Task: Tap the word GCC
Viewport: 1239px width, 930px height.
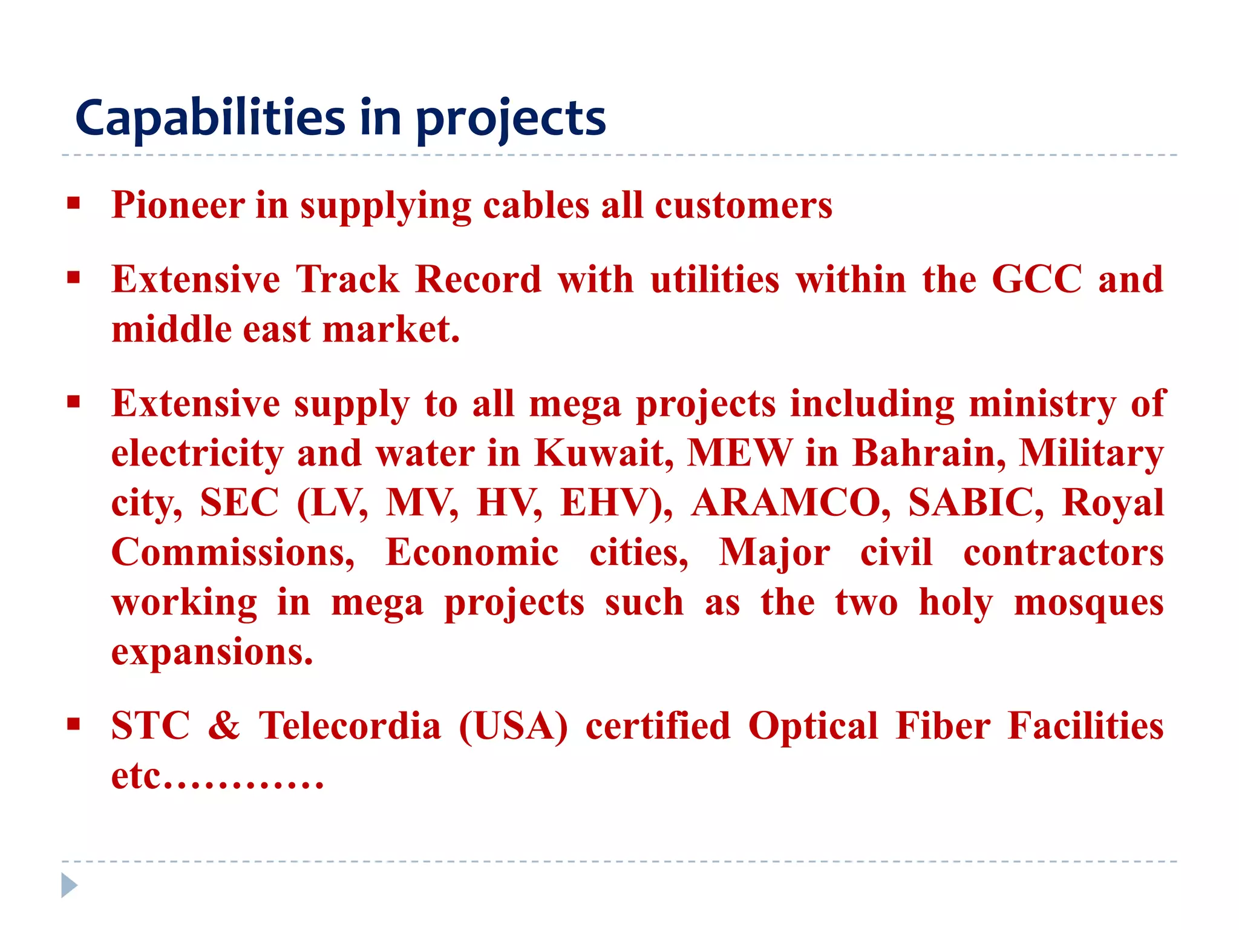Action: (1037, 280)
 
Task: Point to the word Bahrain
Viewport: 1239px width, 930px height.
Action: (929, 453)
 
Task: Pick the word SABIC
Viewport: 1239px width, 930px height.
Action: (976, 503)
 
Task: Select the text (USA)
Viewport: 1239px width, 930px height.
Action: (514, 725)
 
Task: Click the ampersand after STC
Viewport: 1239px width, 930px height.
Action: (224, 725)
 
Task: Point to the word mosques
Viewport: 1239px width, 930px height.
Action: (1088, 602)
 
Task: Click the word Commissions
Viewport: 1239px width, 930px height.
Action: (233, 552)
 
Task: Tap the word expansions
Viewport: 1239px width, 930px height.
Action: (212, 652)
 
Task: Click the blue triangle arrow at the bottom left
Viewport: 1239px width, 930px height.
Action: (69, 885)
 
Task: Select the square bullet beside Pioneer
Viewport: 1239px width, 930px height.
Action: (74, 203)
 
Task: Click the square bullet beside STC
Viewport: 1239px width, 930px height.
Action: (74, 724)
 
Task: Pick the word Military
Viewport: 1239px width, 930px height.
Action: (1091, 453)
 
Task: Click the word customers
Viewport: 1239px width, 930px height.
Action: (744, 205)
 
